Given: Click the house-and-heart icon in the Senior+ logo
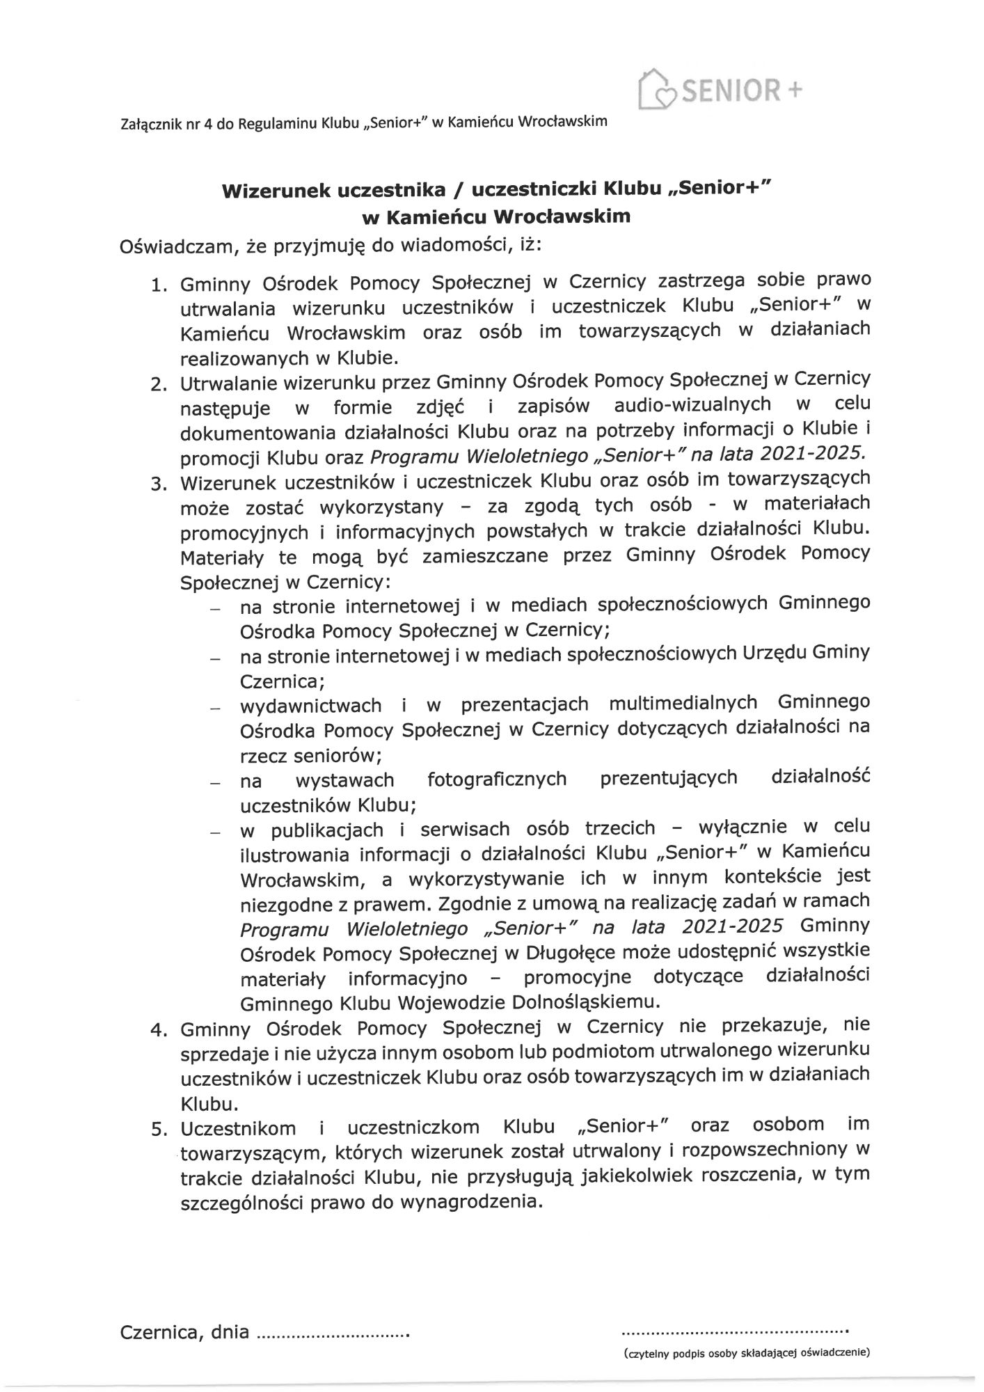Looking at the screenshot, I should pyautogui.click(x=656, y=88).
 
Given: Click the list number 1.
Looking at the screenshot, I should pyautogui.click(x=160, y=285).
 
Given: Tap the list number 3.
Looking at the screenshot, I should pyautogui.click(x=160, y=484).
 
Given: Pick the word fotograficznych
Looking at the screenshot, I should pyautogui.click(x=497, y=779).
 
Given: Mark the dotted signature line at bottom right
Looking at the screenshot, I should pyautogui.click(x=734, y=1332).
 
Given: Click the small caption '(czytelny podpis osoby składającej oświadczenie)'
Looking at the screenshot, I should pyautogui.click(x=747, y=1354).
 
